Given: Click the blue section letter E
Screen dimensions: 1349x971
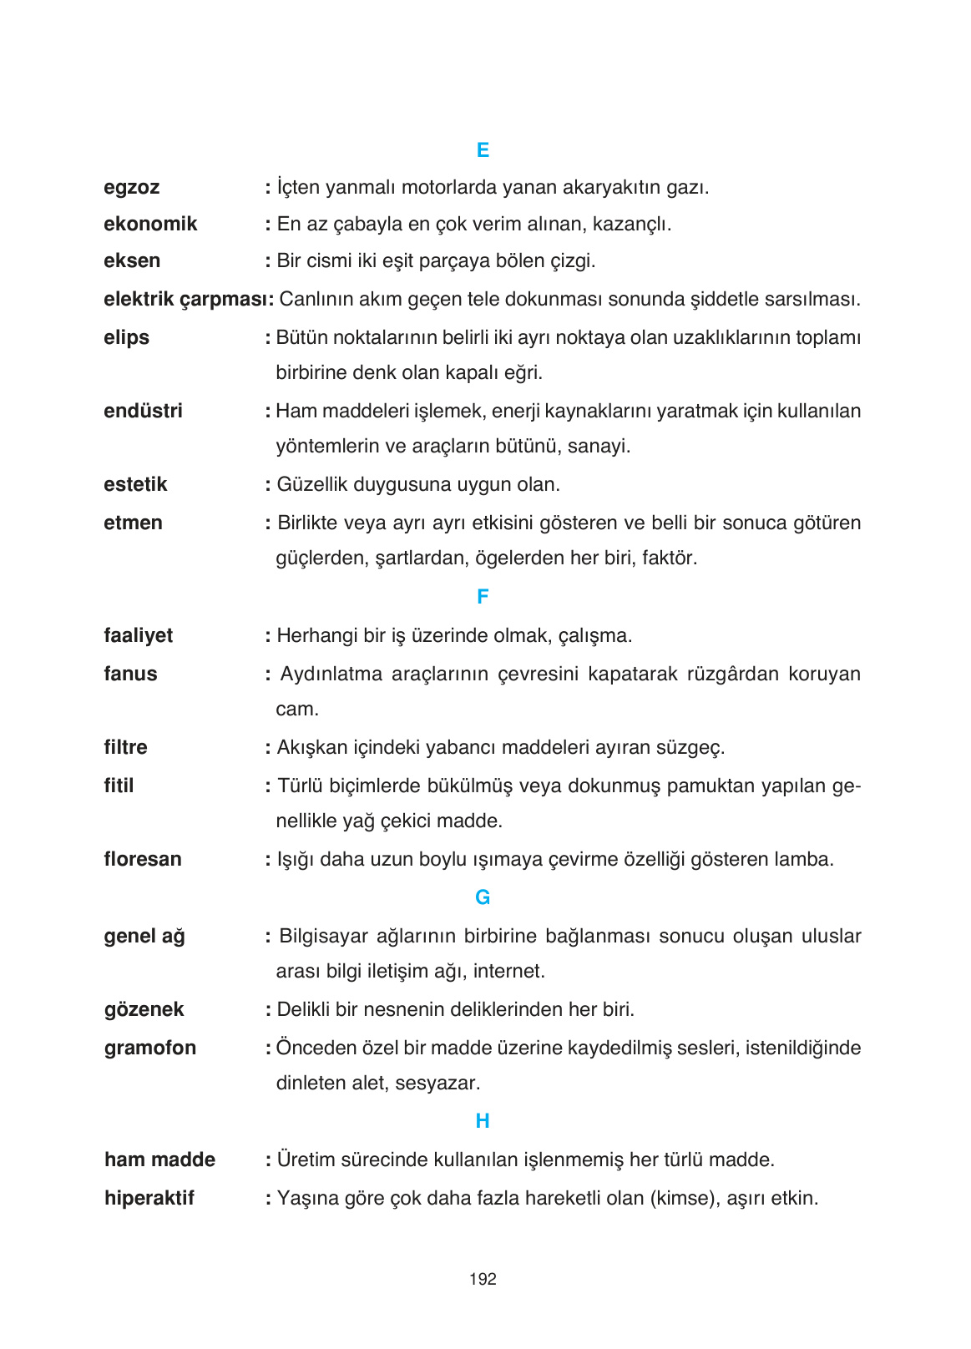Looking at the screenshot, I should point(483,150).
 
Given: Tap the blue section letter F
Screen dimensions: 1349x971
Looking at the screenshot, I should point(483,597).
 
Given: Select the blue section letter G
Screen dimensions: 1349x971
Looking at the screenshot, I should point(483,897).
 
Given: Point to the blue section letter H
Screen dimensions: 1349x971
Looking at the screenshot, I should point(483,1121).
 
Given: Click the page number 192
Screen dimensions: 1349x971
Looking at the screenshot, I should point(483,1279).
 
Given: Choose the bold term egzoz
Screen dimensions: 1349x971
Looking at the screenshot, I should point(132,188).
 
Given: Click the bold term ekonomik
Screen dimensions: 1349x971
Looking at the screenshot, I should point(150,224).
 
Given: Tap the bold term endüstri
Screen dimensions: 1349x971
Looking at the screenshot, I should point(143,411).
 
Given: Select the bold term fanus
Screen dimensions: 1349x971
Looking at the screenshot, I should point(130,674).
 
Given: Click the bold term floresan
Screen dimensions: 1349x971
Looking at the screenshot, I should point(143,859).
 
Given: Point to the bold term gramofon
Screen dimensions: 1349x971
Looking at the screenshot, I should point(150,1048).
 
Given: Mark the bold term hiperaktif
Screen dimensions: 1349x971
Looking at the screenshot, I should point(149,1198).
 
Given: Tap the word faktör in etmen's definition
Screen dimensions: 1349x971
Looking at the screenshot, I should point(669,558).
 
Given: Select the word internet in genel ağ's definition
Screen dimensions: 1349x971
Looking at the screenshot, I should point(512,972).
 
